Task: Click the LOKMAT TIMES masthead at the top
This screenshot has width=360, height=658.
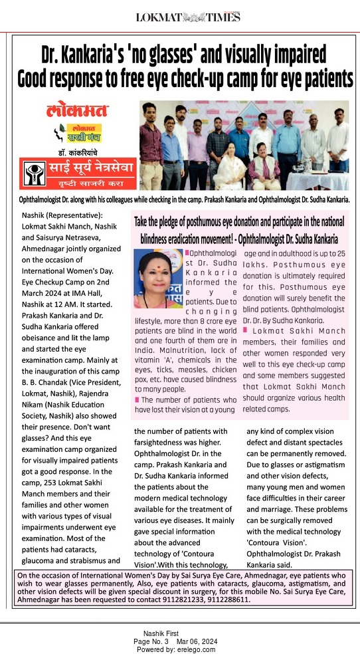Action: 188,17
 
